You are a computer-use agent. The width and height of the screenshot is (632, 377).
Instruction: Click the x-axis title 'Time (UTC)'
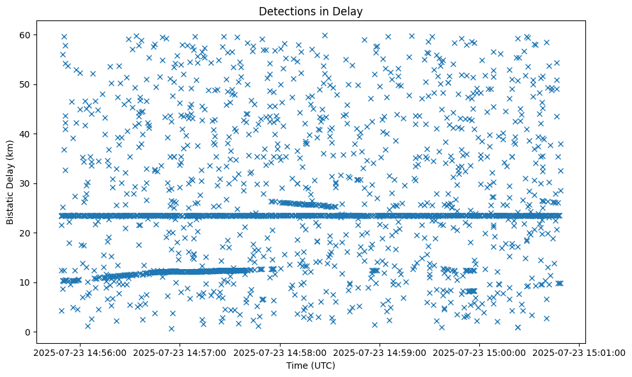(311, 365)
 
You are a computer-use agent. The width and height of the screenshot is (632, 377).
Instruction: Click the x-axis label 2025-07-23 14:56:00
(80, 352)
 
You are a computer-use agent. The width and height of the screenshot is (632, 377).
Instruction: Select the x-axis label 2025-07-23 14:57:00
(180, 352)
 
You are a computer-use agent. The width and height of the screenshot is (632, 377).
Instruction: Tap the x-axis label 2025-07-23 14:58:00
(280, 352)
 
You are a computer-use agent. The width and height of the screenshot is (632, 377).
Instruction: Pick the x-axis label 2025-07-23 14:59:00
(380, 352)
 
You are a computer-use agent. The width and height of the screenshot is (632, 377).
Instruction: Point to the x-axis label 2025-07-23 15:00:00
(480, 352)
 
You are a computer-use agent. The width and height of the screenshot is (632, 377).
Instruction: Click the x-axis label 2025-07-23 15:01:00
(580, 352)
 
